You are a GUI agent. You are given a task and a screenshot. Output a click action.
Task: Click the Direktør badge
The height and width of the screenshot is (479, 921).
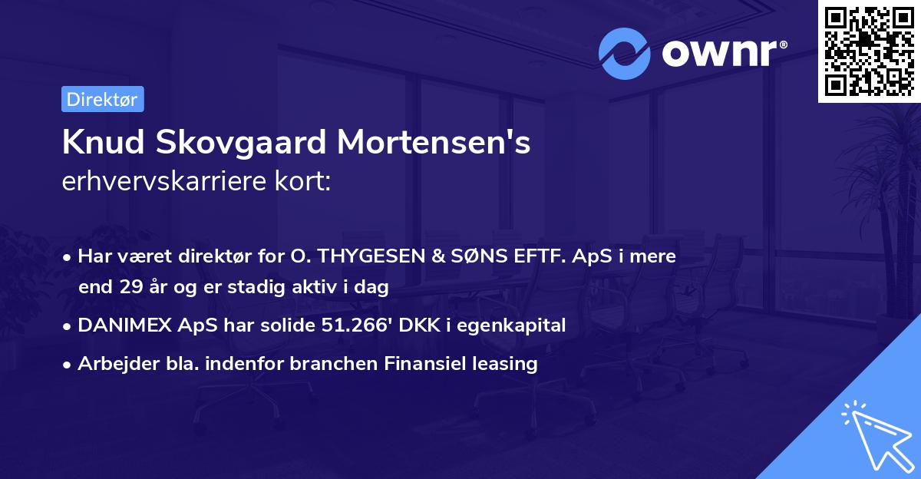[102, 99]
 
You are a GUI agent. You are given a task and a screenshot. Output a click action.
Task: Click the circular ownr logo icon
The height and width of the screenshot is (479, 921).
[625, 54]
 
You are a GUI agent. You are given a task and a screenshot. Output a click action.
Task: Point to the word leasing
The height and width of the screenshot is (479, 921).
[506, 364]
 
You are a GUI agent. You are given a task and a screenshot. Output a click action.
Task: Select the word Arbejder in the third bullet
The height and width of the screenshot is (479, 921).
[111, 364]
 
